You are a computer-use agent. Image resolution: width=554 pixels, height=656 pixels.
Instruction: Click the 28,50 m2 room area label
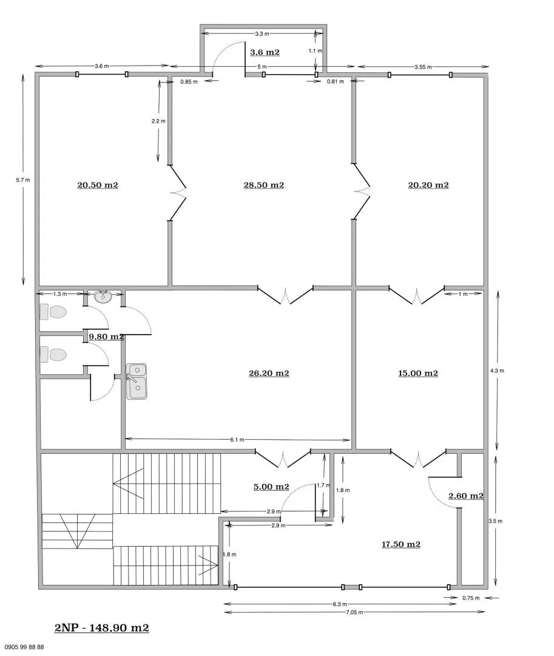pos(263,185)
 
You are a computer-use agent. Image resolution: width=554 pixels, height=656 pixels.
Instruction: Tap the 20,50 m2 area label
pos(97,185)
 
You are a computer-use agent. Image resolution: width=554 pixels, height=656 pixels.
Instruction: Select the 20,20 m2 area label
pos(428,185)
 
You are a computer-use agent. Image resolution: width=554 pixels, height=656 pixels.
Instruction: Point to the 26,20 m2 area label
pos(269,374)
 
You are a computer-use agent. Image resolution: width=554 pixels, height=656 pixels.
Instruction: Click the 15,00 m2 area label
pos(417,374)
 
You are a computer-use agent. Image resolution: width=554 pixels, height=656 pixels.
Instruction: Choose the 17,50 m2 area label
pos(401,544)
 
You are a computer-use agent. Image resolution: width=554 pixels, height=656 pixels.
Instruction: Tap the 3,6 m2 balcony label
pos(265,52)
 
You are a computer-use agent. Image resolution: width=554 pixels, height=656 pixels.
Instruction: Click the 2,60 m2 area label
pos(465,496)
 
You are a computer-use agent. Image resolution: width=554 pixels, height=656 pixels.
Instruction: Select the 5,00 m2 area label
pos(271,487)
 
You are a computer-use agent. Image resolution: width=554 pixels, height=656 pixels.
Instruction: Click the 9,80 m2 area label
pos(106,337)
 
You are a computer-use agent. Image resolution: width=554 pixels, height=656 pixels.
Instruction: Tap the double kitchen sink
pos(137,381)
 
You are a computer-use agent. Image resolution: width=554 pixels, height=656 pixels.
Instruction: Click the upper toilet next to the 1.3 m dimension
pos(53,312)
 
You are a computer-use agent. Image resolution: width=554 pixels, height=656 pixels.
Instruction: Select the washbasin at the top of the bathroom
pos(103,297)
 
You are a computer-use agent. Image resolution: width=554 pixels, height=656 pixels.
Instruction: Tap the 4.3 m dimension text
pos(497,371)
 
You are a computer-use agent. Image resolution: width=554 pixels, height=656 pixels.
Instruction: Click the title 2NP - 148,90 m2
pos(101,628)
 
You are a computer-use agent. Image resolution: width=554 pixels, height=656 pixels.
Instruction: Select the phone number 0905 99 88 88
pos(24,647)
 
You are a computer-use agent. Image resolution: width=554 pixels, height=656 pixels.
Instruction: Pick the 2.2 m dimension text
pos(158,121)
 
